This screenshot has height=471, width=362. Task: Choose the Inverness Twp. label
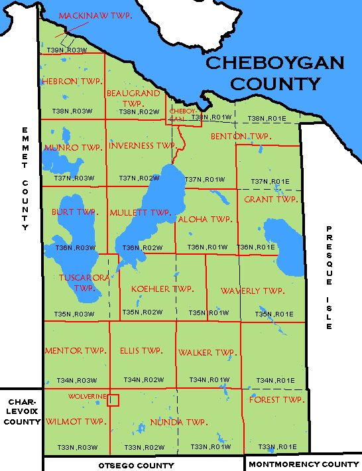pos(141,145)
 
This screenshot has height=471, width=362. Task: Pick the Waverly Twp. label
pos(252,291)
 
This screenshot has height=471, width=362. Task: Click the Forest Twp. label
pos(276,399)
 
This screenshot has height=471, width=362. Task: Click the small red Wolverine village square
pos(113,400)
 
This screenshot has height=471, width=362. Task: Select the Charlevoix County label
pos(22,412)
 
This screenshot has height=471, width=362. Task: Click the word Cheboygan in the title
pos(274,63)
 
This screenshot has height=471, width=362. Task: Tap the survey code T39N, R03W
pos(67,50)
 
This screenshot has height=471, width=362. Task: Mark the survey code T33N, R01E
pos(277,446)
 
